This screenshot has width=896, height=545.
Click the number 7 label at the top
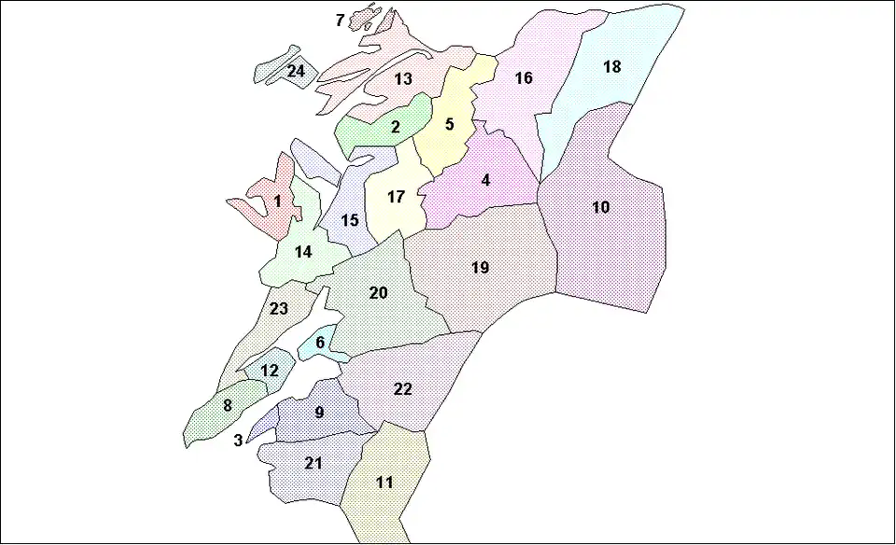pyautogui.click(x=340, y=20)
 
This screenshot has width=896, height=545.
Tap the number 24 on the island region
pyautogui.click(x=296, y=71)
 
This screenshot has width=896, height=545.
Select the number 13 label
pyautogui.click(x=403, y=79)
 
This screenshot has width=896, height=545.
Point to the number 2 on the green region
pyautogui.click(x=395, y=127)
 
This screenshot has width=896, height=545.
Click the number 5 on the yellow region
pyautogui.click(x=449, y=124)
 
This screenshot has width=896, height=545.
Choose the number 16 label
pyautogui.click(x=524, y=78)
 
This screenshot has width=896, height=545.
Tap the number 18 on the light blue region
pyautogui.click(x=611, y=67)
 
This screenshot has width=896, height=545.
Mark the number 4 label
pyautogui.click(x=485, y=180)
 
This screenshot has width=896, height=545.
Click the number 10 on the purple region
pyautogui.click(x=601, y=207)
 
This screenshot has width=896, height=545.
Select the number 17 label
pyautogui.click(x=396, y=198)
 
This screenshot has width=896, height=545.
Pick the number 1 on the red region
pyautogui.click(x=277, y=200)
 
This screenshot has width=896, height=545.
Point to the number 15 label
pyautogui.click(x=350, y=221)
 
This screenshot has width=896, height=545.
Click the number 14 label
pyautogui.click(x=302, y=252)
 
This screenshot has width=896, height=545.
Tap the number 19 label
pyautogui.click(x=480, y=269)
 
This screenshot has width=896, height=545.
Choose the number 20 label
pyautogui.click(x=378, y=293)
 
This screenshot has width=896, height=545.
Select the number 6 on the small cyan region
pyautogui.click(x=320, y=342)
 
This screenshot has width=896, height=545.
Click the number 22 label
pyautogui.click(x=402, y=389)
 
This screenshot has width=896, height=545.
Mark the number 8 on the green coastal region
pyautogui.click(x=227, y=406)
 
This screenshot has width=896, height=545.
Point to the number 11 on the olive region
pyautogui.click(x=385, y=482)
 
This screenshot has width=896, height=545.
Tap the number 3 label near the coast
pyautogui.click(x=238, y=440)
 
